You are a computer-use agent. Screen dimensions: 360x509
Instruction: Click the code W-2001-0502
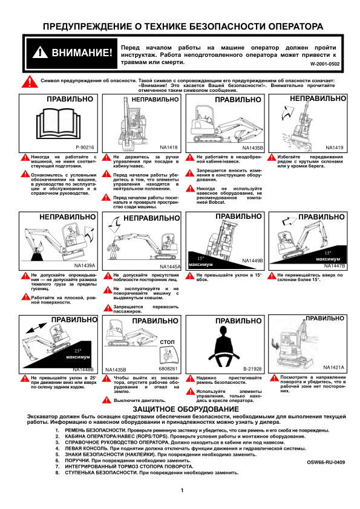tap(324, 64)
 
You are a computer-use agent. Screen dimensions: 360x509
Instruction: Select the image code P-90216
tap(85, 148)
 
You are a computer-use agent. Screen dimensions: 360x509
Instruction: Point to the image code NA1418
tap(169, 148)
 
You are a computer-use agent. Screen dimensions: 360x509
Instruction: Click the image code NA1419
tap(335, 148)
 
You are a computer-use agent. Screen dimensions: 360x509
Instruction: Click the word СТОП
tap(167, 342)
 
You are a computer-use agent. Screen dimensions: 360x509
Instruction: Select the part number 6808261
tap(168, 369)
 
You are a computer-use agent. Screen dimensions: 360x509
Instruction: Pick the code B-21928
tap(252, 369)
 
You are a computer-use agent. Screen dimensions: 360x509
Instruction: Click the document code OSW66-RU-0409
tap(326, 462)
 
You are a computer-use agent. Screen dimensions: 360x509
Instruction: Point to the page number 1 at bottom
tap(182, 490)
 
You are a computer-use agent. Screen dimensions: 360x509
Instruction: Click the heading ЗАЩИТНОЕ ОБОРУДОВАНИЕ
tap(186, 409)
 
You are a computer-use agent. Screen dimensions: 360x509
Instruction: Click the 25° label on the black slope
tap(78, 351)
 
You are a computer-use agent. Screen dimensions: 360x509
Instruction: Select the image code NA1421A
tap(333, 368)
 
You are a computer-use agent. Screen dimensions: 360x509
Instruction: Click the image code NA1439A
tap(85, 265)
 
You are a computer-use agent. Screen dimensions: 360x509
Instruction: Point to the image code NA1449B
tap(252, 261)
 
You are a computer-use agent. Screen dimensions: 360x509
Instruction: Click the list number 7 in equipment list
tap(57, 467)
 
